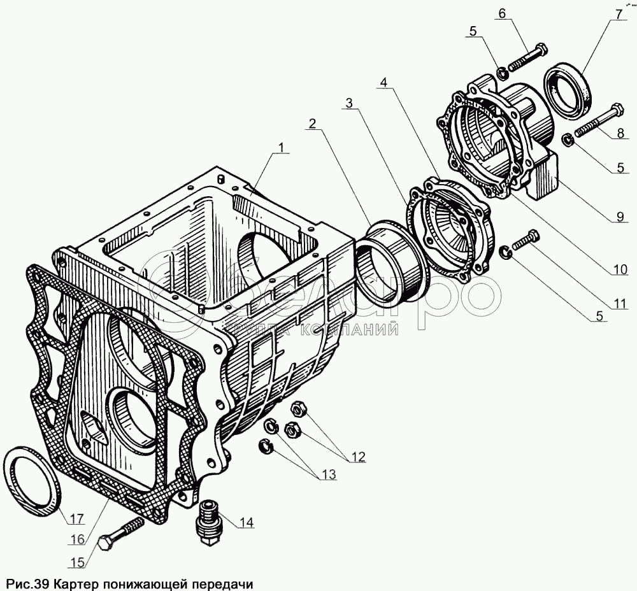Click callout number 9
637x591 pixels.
(x=619, y=217)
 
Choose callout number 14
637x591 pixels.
(x=247, y=523)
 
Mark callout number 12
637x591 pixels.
(x=357, y=456)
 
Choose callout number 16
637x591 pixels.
(x=77, y=539)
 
